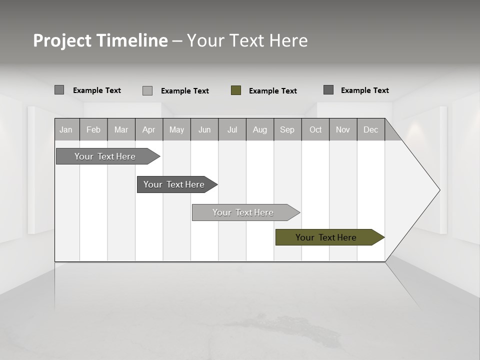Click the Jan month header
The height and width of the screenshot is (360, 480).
point(66,129)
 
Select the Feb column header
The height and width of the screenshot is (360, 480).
point(93,129)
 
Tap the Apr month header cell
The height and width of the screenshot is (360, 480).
point(148,129)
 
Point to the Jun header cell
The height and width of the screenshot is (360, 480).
point(204,129)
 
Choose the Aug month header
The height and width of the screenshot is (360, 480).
point(259,129)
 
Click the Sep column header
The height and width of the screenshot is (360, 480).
point(287,129)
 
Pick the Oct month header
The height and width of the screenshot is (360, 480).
point(315,129)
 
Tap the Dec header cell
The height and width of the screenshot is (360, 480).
point(370,129)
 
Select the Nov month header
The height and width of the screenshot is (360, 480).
point(342,129)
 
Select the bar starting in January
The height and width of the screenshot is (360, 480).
point(105,156)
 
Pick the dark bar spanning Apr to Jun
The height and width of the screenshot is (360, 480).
point(174,184)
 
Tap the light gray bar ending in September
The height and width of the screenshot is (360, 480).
point(243,212)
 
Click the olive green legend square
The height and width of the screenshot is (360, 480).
point(236,90)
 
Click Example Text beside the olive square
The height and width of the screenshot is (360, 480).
point(272,91)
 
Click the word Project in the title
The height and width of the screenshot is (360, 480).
point(62,40)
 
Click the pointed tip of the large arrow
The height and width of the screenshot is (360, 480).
point(438,190)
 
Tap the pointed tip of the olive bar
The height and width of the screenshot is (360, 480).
point(383,237)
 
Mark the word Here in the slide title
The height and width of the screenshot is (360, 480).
point(288,40)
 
